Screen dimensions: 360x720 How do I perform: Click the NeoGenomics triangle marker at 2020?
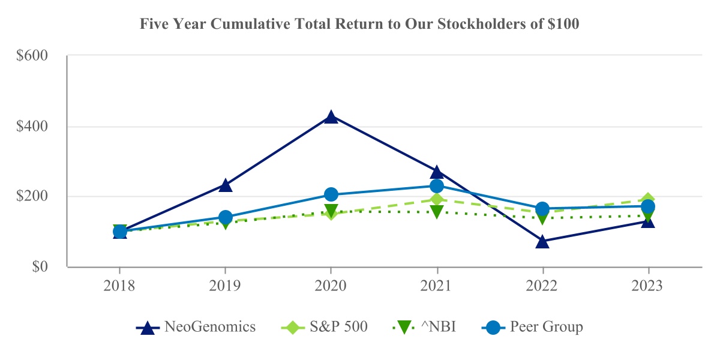[331, 117]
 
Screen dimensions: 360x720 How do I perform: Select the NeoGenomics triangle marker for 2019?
[225, 185]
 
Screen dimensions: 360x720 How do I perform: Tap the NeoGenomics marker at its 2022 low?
[542, 241]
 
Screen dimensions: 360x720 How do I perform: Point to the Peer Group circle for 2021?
[437, 186]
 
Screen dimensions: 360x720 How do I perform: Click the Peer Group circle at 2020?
[331, 194]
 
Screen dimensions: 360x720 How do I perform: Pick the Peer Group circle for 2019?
[225, 217]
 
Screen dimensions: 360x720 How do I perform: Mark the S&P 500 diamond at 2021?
[437, 200]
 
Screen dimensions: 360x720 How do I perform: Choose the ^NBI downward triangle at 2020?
[331, 211]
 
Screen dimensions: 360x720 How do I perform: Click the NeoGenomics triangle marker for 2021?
[437, 172]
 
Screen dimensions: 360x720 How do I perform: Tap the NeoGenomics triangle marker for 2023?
[648, 221]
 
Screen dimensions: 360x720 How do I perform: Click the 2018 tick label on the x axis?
[119, 286]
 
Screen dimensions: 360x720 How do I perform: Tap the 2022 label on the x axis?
[542, 286]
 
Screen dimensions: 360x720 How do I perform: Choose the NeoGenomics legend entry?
[197, 328]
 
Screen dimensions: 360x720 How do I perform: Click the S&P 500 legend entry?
[325, 328]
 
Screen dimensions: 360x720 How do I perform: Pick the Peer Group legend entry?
[533, 328]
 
